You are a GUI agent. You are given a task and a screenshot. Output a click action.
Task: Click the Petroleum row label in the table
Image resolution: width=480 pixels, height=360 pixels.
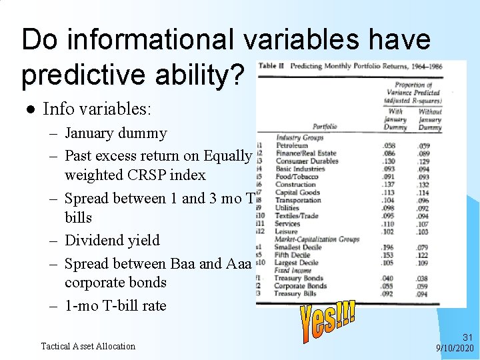click(x=291, y=145)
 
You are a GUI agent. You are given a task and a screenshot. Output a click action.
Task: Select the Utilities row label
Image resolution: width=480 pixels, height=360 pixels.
click(x=289, y=208)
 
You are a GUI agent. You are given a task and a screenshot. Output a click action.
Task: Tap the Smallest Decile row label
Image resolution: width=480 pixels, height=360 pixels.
click(x=299, y=247)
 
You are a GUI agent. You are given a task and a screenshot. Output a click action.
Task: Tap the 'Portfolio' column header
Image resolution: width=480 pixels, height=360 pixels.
click(x=324, y=126)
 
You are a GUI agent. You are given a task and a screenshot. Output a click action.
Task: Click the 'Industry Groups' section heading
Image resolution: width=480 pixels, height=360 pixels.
click(x=299, y=137)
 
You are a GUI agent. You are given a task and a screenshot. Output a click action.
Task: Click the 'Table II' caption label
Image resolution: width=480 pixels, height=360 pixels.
click(x=271, y=67)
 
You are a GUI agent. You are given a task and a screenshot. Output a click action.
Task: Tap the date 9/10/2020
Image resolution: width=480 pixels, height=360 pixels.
click(x=455, y=348)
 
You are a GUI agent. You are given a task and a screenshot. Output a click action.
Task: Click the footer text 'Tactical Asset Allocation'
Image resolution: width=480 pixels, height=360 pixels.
click(x=88, y=346)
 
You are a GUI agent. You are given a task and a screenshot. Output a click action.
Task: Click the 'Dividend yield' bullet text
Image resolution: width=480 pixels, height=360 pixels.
click(x=112, y=240)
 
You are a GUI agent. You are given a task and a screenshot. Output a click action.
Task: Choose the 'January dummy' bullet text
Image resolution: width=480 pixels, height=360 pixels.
click(x=115, y=133)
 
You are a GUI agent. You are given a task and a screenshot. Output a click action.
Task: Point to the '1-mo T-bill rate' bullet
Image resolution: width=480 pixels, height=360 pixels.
click(x=115, y=306)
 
